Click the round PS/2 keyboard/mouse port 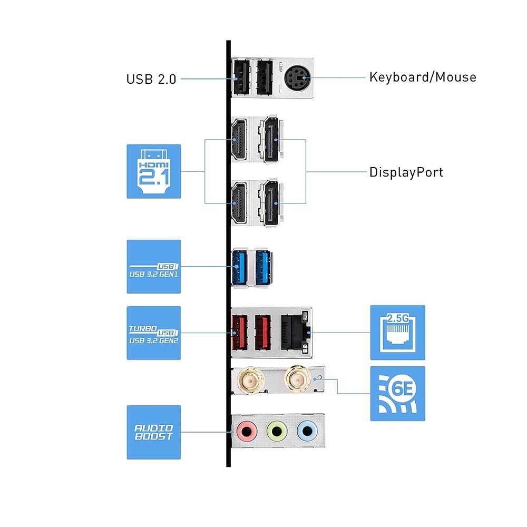pos(296,79)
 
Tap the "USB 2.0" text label pos(151,80)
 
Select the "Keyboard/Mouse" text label pos(423,77)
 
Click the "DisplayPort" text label pos(406,172)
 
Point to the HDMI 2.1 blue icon pos(153,171)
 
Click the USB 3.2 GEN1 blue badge pos(153,267)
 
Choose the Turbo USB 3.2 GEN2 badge pos(153,333)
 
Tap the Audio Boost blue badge pos(153,432)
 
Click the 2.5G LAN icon pos(397,332)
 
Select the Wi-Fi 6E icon pos(397,393)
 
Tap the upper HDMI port pos(239,140)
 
